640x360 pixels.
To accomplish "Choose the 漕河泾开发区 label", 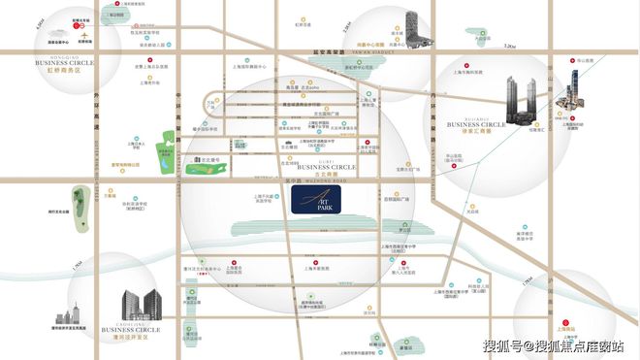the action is tap(125, 335).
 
